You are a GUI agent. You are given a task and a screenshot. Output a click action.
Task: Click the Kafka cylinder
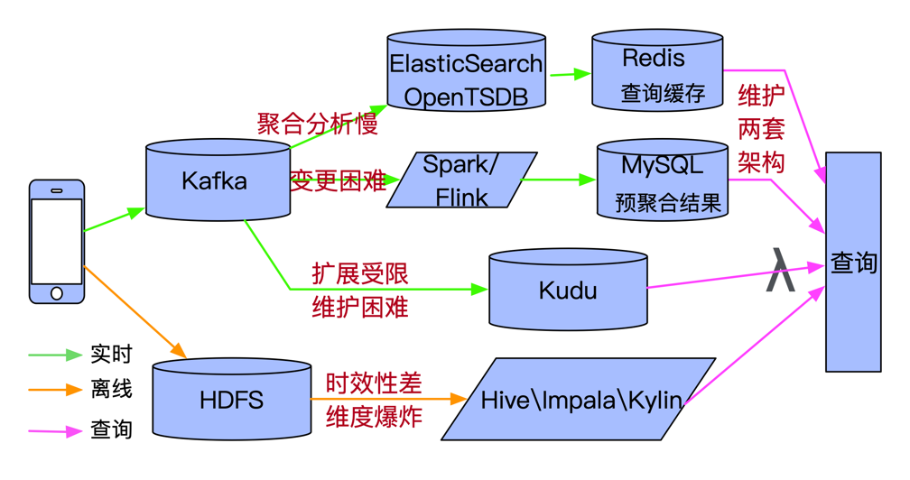click(218, 180)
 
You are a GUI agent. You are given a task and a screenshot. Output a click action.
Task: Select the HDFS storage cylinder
click(231, 400)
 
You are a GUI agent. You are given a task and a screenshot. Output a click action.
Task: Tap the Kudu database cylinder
click(568, 290)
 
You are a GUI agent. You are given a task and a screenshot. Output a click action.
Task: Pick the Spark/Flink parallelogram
click(462, 180)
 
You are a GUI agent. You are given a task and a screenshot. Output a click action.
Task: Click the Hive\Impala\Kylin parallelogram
click(578, 399)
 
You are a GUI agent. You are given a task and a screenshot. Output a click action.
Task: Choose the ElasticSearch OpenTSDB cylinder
click(466, 70)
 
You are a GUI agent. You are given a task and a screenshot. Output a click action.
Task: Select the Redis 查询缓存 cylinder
click(657, 70)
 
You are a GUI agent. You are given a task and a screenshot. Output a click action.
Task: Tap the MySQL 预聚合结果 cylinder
click(663, 180)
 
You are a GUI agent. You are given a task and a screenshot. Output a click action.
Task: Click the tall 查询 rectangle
click(853, 262)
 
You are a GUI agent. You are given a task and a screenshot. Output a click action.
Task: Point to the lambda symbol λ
click(780, 270)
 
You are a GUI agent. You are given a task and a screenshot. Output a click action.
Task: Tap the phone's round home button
click(56, 293)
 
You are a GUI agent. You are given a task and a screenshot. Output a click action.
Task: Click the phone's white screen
click(56, 242)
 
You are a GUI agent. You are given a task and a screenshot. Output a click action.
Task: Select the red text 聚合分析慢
click(318, 124)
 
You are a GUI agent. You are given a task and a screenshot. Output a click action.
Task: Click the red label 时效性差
click(374, 383)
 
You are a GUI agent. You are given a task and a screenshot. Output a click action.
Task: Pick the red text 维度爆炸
click(374, 417)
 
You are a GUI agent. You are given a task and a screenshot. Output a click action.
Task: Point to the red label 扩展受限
click(360, 273)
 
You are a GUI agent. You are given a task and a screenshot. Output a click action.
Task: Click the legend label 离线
click(111, 388)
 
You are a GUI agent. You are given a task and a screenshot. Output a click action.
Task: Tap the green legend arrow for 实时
click(55, 355)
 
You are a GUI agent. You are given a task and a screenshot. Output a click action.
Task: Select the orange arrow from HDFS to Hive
click(389, 399)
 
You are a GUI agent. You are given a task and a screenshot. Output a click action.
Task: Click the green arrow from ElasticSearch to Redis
click(571, 74)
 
